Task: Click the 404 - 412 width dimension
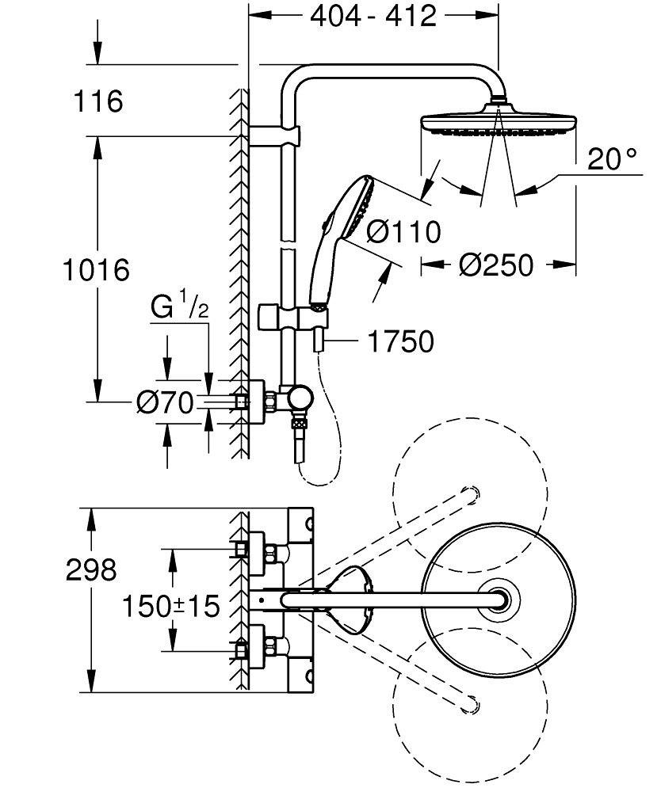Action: [x=373, y=16]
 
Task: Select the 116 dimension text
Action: [x=98, y=102]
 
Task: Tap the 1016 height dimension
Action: [x=96, y=270]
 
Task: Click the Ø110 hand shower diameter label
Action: [x=404, y=232]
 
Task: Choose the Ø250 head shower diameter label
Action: [x=496, y=265]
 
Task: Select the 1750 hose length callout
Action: [x=401, y=341]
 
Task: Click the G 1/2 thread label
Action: [x=179, y=306]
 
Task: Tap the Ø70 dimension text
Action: [x=164, y=404]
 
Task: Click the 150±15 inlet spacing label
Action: [x=170, y=607]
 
